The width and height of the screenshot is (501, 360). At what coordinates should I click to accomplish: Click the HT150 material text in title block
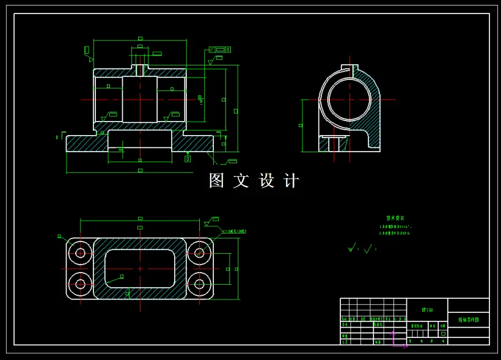click(x=427, y=310)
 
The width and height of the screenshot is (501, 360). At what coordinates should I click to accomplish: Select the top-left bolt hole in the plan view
click(x=80, y=252)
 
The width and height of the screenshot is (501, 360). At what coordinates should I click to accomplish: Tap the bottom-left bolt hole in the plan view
click(x=80, y=284)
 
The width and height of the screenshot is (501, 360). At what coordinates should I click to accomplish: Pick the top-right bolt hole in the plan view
click(x=199, y=252)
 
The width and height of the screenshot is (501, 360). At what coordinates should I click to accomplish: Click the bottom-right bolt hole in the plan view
click(x=199, y=284)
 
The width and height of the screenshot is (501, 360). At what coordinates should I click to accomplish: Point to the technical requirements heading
click(x=395, y=218)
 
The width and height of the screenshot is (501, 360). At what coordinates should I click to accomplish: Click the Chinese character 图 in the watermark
click(x=217, y=180)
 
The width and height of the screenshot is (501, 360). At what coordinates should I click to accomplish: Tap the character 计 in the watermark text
click(x=292, y=180)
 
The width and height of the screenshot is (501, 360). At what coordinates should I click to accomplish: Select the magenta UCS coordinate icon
click(x=396, y=341)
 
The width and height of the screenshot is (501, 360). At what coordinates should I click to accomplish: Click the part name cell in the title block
click(x=468, y=320)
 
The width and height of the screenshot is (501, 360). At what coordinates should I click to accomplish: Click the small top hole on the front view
click(x=140, y=68)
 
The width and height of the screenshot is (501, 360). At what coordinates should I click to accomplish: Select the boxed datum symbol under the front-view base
click(x=188, y=159)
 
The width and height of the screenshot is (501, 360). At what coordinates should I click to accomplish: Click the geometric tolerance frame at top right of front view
click(x=220, y=50)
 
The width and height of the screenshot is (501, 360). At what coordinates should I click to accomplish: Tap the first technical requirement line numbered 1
click(x=395, y=226)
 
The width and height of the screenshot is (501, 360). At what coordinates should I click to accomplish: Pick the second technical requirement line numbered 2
click(x=395, y=233)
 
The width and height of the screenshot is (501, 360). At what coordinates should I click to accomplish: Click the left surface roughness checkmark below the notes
click(x=353, y=248)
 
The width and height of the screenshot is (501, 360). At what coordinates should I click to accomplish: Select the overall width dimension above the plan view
click(x=140, y=218)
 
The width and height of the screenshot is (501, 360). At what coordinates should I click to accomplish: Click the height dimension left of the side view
click(x=301, y=125)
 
